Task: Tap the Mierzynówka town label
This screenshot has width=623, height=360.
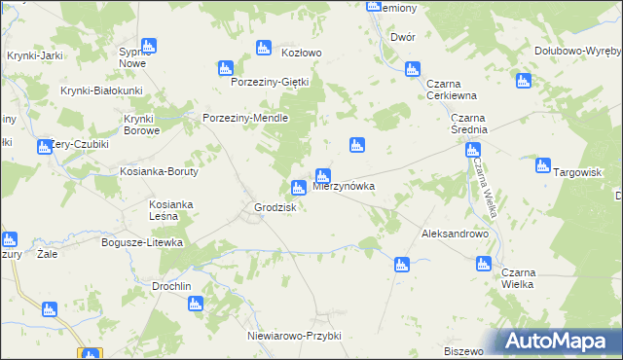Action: click(x=345, y=185)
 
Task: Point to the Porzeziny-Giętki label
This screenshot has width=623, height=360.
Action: click(x=269, y=82)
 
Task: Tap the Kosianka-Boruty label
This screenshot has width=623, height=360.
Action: click(x=160, y=171)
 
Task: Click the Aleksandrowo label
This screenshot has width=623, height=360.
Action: click(x=454, y=234)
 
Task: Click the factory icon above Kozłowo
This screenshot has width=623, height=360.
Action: click(x=262, y=48)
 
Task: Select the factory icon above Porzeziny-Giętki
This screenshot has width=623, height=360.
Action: click(x=225, y=68)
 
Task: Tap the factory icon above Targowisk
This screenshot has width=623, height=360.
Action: click(x=543, y=165)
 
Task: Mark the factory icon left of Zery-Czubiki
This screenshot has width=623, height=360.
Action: click(x=44, y=148)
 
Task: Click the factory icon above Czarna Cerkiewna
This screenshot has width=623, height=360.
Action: click(x=412, y=68)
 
